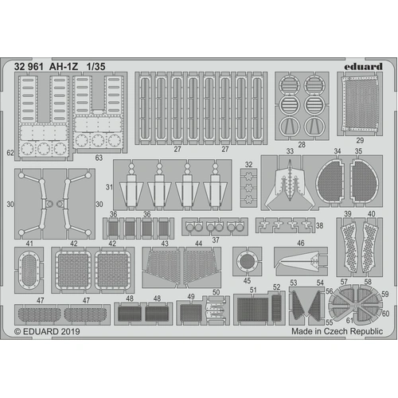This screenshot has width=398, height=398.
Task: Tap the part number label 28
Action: [x=301, y=145]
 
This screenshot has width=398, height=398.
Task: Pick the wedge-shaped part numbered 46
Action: [x=300, y=259]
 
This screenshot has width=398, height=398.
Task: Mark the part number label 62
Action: [x=10, y=151]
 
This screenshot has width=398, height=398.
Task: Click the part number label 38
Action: [x=319, y=226]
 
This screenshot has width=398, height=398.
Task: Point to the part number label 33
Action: [x=267, y=151]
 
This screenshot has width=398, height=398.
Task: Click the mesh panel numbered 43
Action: [x=162, y=267]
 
